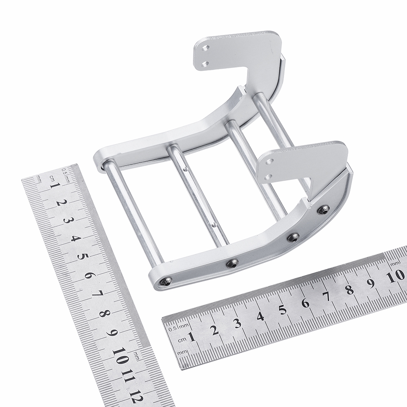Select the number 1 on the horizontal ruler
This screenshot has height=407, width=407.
pyautogui.click(x=192, y=338)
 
